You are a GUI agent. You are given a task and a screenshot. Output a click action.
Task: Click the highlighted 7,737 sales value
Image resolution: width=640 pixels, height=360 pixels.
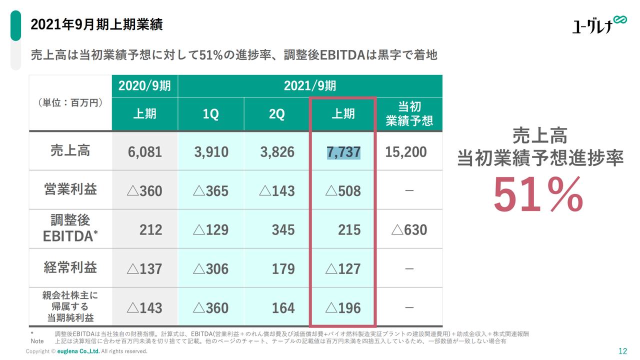(343, 152)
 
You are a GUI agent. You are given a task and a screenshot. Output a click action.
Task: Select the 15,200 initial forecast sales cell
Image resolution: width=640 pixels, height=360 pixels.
(406, 152)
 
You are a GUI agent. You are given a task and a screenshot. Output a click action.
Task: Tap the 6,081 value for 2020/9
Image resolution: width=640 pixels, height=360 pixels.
(145, 152)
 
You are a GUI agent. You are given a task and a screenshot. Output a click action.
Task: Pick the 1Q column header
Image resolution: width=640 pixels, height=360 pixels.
(210, 114)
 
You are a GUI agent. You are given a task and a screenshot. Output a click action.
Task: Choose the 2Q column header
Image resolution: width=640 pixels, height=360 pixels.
(276, 114)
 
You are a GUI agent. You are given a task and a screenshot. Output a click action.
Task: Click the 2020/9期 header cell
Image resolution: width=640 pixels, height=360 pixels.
(144, 86)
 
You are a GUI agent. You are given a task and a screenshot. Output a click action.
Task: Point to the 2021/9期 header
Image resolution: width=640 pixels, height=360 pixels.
(310, 86)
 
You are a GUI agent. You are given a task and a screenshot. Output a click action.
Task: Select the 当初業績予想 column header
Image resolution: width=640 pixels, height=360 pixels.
(409, 114)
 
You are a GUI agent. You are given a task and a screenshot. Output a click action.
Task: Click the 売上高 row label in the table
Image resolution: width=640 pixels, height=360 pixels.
(70, 150)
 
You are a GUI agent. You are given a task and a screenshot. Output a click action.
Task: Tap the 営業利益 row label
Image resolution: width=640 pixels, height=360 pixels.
(70, 189)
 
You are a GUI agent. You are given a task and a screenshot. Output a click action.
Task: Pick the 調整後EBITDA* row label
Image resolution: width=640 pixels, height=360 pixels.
(70, 228)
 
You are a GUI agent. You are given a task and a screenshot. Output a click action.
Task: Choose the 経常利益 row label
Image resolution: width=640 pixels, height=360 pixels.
(70, 267)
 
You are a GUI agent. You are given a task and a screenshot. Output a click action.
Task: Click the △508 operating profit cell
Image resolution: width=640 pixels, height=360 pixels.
(343, 191)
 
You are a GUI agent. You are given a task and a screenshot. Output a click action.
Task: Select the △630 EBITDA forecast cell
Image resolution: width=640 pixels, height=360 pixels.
(409, 230)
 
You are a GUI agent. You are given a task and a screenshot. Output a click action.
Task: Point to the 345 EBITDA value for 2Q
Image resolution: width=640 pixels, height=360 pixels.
(283, 230)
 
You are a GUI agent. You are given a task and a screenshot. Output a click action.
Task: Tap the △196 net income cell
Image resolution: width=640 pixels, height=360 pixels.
(343, 308)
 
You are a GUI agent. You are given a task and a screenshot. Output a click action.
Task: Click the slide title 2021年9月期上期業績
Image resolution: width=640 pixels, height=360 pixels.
(97, 24)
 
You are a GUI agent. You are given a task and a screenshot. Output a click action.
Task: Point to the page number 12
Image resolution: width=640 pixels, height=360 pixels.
(622, 351)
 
